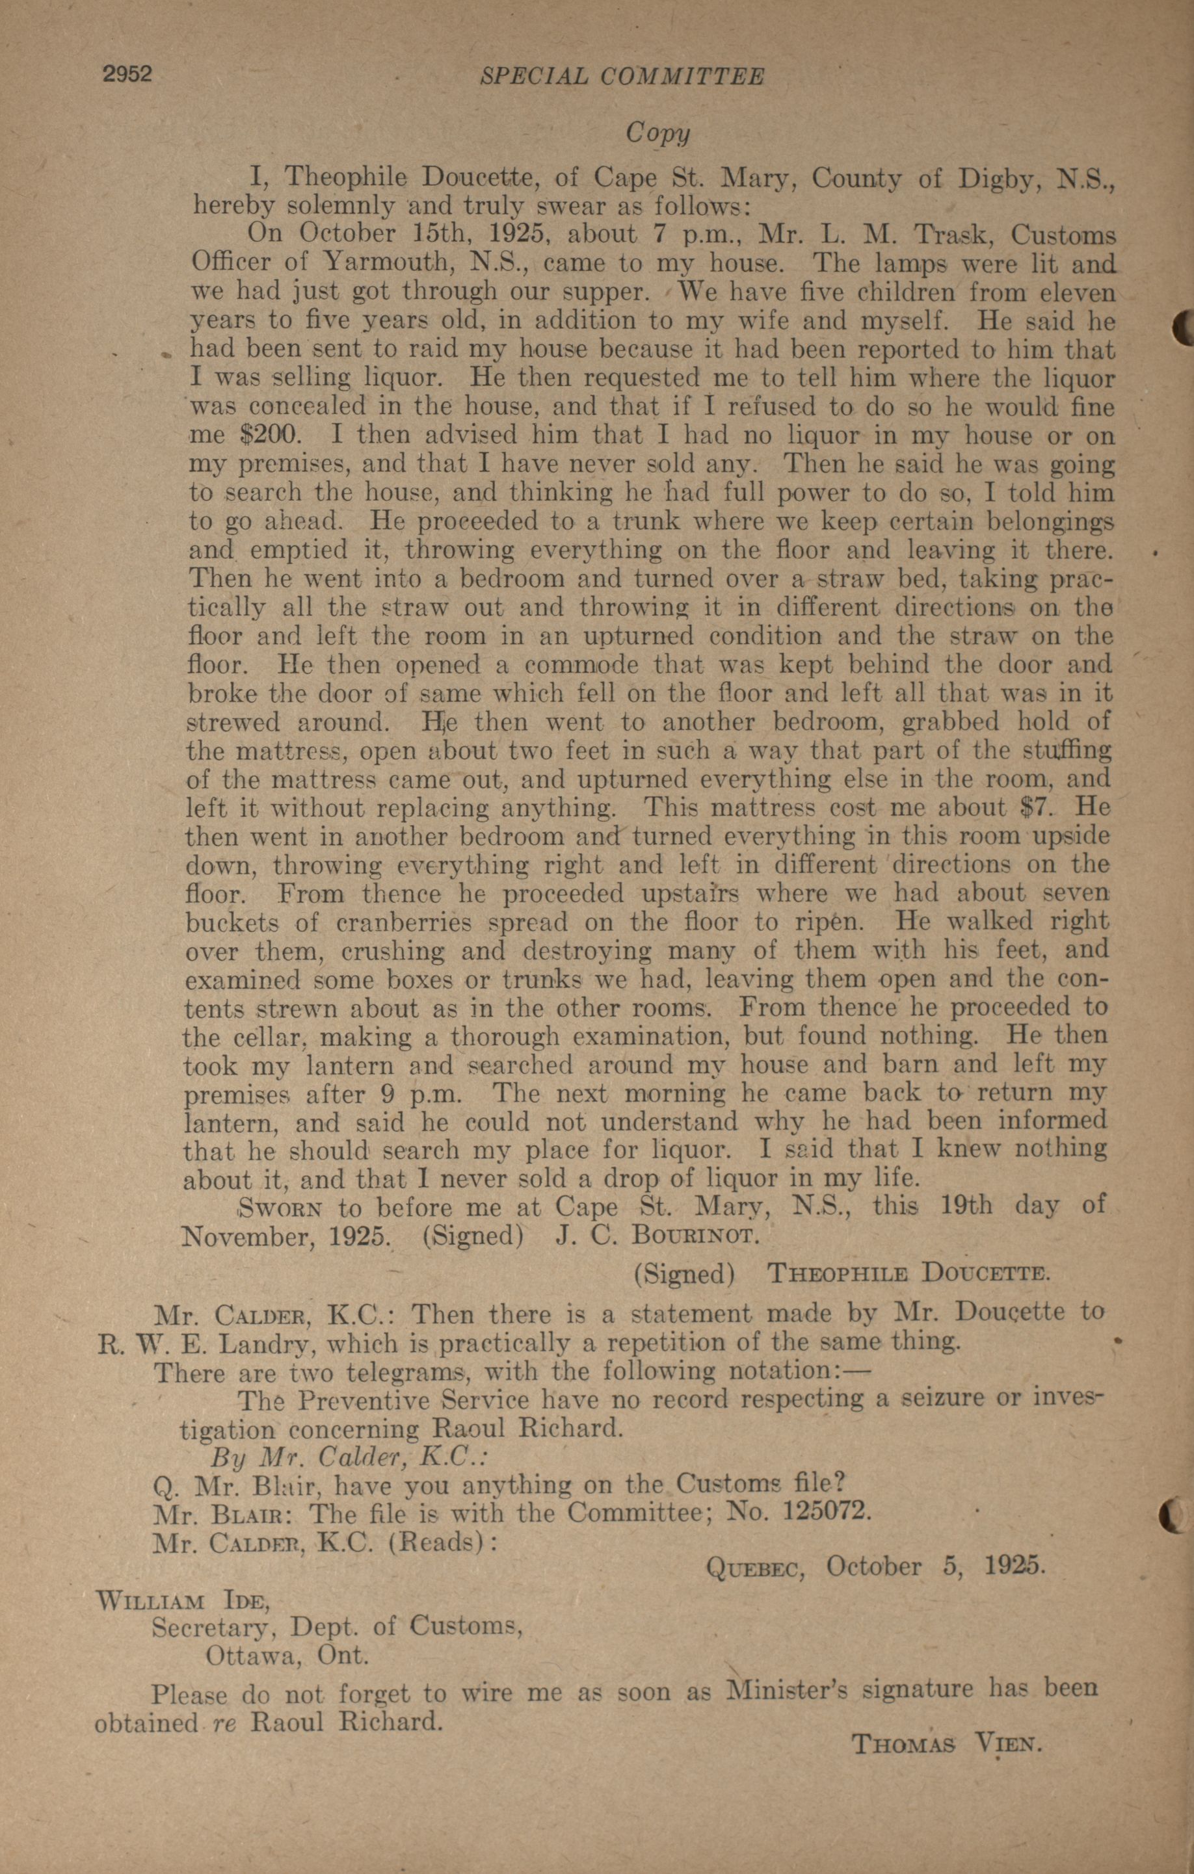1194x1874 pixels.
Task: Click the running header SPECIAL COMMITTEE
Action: click(622, 76)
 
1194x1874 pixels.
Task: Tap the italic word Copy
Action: click(657, 133)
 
